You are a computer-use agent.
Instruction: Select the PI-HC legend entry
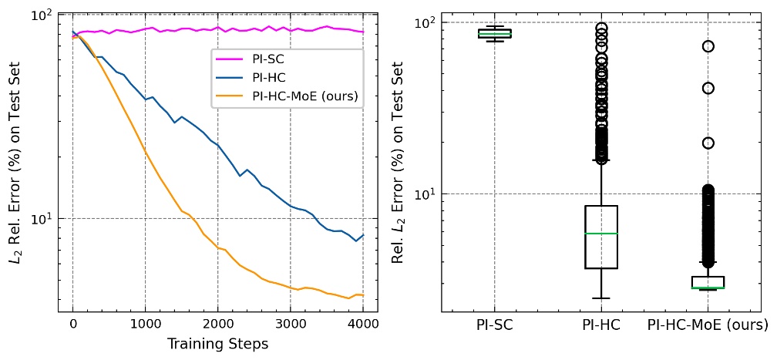tap(270, 78)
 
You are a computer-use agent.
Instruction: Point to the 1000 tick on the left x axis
tap(145, 325)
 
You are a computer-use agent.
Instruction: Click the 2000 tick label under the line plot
tap(217, 325)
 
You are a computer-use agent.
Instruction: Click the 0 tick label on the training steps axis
tap(72, 325)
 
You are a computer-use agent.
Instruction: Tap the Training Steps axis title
tap(217, 344)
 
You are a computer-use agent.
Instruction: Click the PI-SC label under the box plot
tap(494, 326)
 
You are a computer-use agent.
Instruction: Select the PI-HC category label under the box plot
tap(601, 326)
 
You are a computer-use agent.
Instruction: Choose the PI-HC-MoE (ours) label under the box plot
tap(708, 326)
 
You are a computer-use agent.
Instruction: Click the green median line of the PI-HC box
tap(601, 233)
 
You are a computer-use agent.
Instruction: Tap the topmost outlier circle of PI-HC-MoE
tap(708, 46)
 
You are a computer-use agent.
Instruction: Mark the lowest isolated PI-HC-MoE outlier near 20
tap(708, 143)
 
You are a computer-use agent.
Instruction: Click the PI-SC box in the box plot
tap(494, 33)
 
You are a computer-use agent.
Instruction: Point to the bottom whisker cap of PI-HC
tap(601, 298)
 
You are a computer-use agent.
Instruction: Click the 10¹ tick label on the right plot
tap(425, 193)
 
